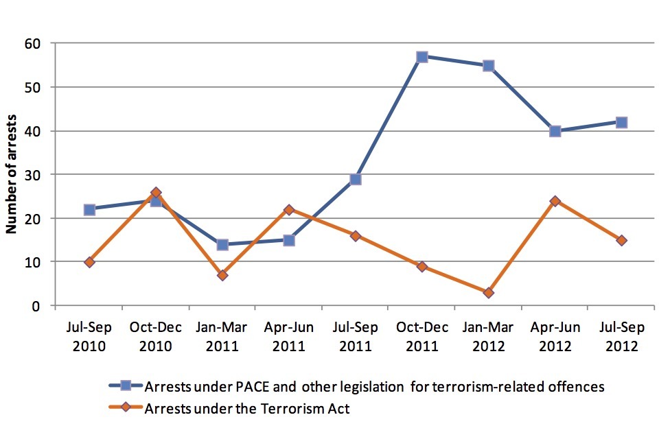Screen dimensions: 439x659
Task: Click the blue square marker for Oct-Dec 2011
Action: (x=422, y=56)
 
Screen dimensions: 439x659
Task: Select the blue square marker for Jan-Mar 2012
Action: (x=489, y=65)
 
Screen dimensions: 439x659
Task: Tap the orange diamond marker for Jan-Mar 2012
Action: (x=489, y=292)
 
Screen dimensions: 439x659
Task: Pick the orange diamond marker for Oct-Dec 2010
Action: (x=156, y=193)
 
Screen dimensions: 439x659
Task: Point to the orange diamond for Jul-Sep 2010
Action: (x=89, y=262)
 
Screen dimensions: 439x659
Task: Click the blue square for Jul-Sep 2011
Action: (x=356, y=179)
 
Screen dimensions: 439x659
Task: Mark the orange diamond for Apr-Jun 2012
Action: (x=555, y=201)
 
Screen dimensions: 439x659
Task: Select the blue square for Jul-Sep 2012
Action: (x=621, y=122)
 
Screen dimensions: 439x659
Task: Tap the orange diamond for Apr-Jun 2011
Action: (x=289, y=210)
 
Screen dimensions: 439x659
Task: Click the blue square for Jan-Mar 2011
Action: (x=222, y=244)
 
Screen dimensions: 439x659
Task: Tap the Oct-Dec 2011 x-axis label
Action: (x=422, y=336)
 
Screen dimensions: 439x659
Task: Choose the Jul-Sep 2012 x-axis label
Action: (x=621, y=336)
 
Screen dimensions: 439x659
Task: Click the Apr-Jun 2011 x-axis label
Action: (x=289, y=336)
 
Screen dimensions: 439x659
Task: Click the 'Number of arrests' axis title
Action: (x=12, y=174)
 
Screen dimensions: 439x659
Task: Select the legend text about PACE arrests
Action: (x=374, y=387)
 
